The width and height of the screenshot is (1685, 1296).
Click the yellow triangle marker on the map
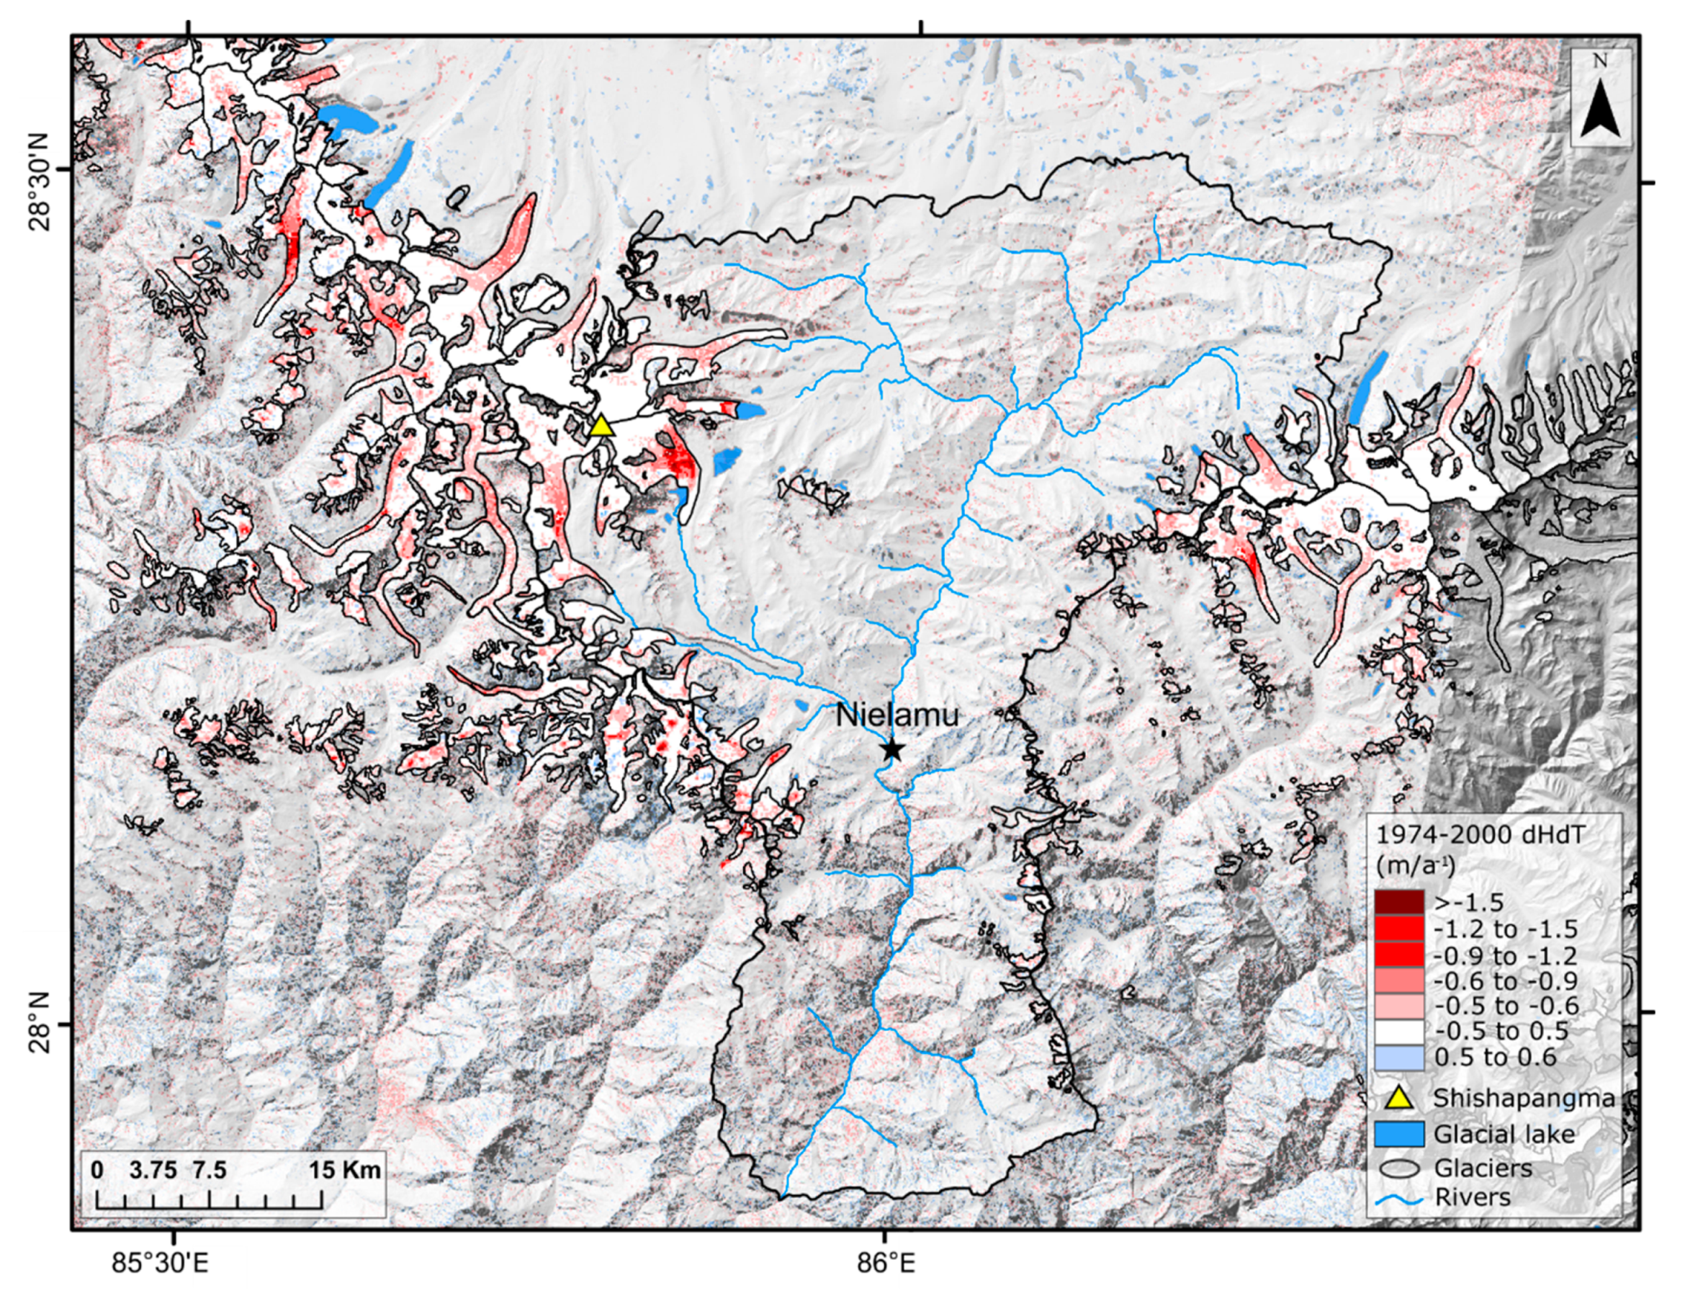[601, 426]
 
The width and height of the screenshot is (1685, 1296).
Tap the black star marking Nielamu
[891, 749]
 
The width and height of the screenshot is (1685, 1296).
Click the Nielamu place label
[897, 715]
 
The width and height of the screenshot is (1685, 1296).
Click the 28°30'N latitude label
[40, 182]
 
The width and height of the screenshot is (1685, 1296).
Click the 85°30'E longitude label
[160, 1263]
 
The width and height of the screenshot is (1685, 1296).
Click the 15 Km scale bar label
[345, 1170]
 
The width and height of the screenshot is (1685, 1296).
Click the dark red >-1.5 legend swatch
[1398, 902]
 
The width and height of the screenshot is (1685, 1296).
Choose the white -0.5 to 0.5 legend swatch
[1398, 1032]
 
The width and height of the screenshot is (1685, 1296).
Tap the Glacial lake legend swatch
[1398, 1134]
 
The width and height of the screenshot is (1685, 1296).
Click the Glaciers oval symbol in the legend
[1398, 1168]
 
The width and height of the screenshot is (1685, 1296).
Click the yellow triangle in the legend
[1398, 1098]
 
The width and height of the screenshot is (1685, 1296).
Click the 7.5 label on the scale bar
[209, 1170]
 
